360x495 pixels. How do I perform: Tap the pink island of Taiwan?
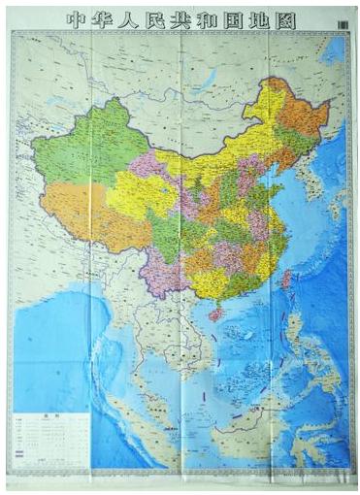pyautogui.click(x=287, y=280)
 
